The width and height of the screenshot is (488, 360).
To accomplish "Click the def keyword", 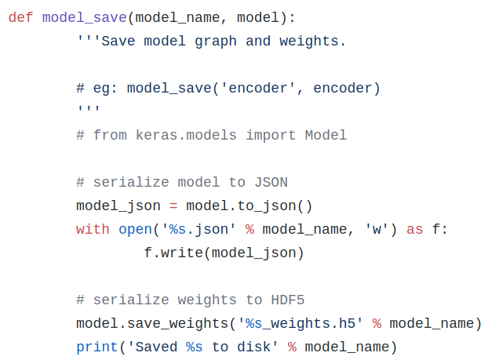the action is click(x=21, y=17).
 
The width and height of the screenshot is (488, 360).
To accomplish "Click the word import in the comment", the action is click(x=271, y=135).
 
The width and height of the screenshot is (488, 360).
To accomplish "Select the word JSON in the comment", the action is click(x=271, y=182).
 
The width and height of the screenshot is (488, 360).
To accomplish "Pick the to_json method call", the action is click(x=267, y=205).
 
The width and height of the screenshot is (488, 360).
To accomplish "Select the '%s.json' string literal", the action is click(x=198, y=229).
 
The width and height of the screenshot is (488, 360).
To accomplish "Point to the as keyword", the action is click(x=415, y=229).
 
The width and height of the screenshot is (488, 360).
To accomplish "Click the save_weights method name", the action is click(x=177, y=323).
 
